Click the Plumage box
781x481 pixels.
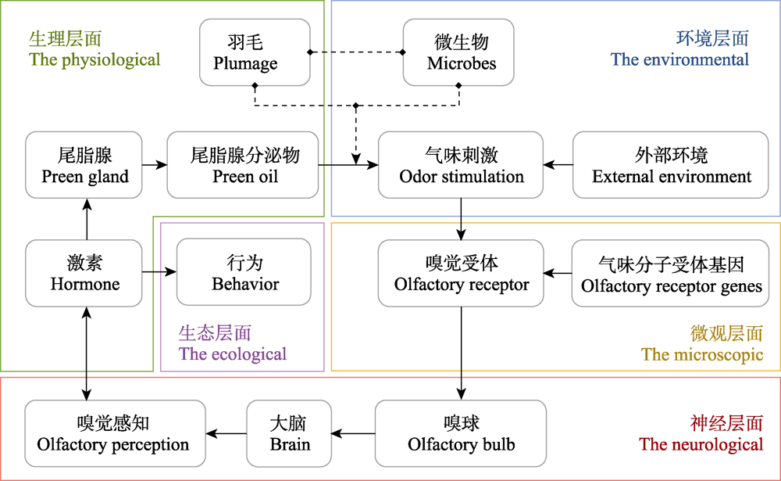255,52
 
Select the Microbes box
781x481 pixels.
458,52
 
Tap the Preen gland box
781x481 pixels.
84,165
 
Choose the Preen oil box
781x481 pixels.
243,165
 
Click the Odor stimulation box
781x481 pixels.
461,165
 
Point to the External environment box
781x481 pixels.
670,165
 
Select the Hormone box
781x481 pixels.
84,273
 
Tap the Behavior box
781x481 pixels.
244,272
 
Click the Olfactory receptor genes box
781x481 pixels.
670,274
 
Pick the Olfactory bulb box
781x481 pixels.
461,433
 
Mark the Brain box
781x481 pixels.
289,433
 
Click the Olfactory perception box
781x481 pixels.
115,433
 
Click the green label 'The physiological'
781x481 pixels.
95,59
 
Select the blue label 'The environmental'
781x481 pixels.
680,59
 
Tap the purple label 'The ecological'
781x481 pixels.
233,354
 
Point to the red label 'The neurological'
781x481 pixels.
701,444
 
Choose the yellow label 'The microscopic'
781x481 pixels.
702,354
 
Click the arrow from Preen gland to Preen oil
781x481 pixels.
155,165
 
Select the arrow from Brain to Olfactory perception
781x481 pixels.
226,433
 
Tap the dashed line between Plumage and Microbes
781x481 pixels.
357,52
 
